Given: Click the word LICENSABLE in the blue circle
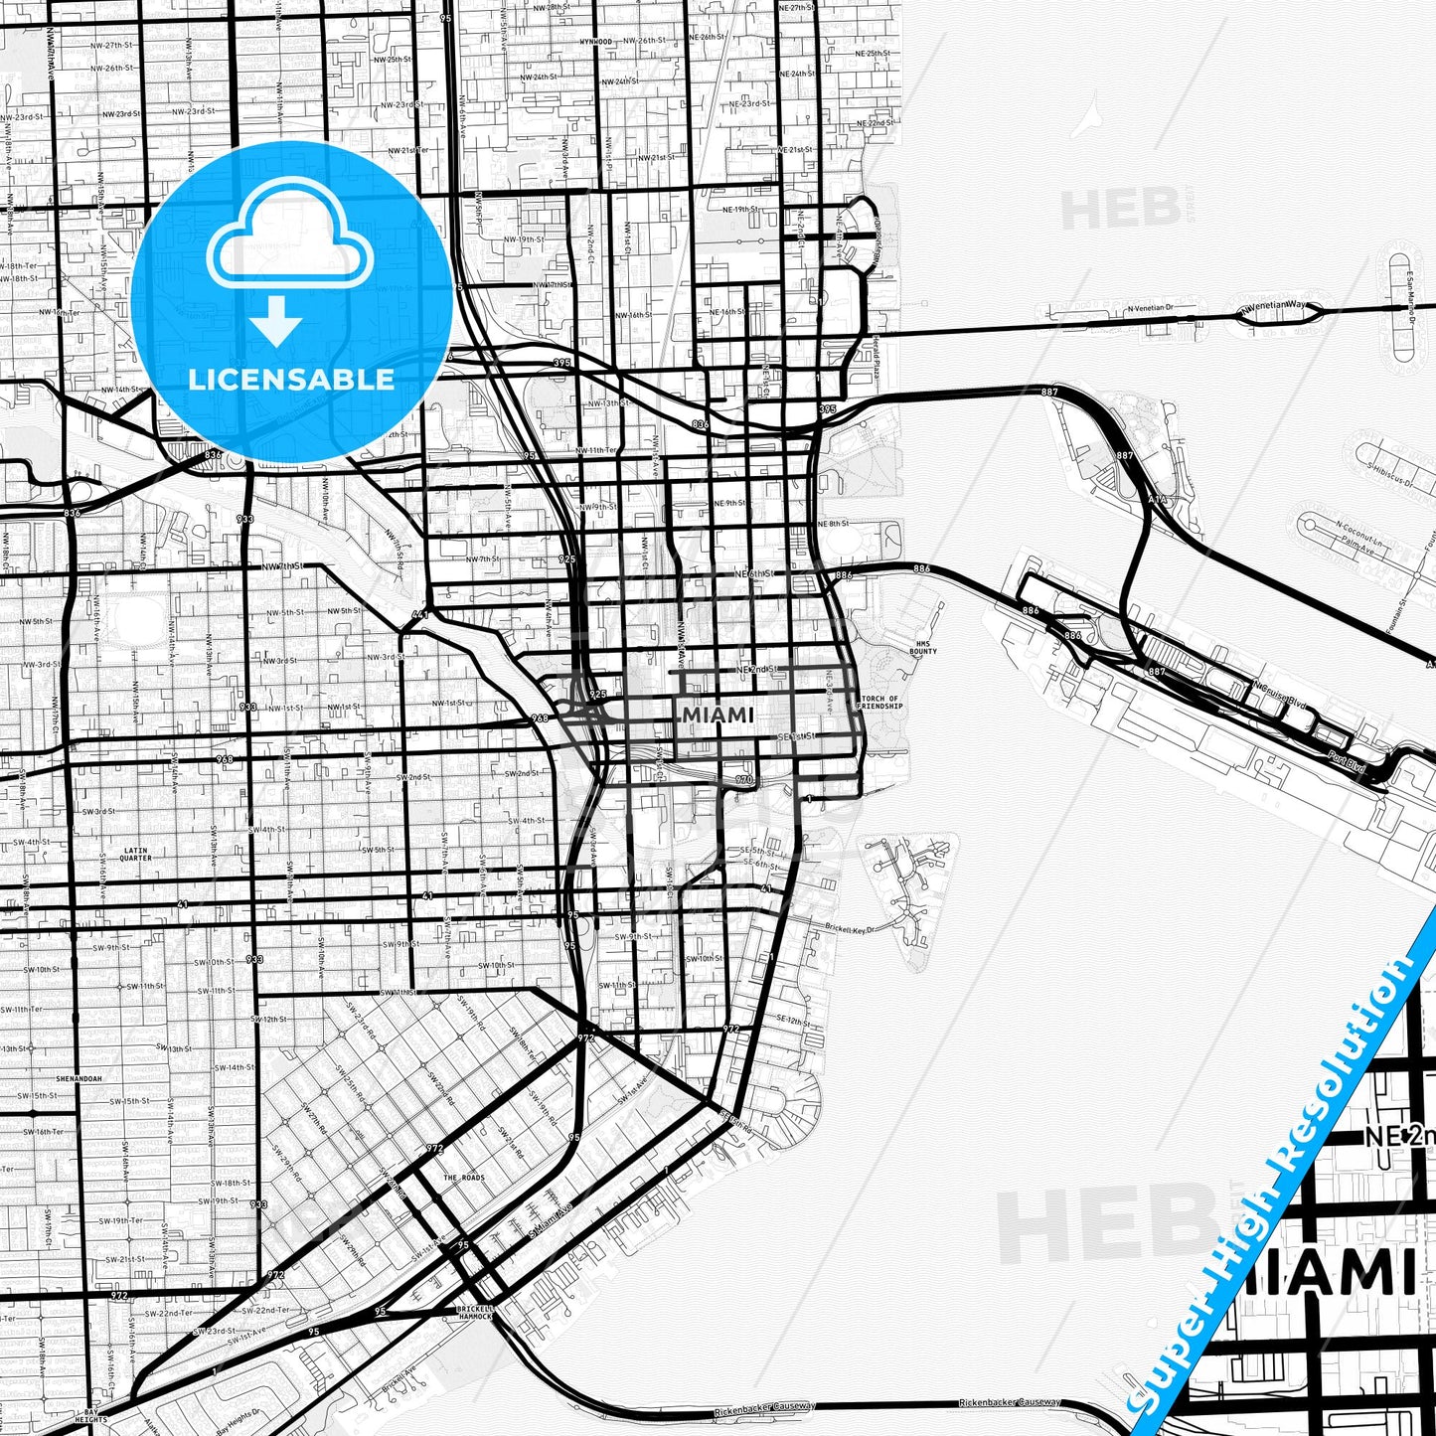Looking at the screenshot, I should coord(290,379).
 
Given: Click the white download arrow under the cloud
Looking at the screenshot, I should coord(276,321).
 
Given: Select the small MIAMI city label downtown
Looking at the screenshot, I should coord(718,715).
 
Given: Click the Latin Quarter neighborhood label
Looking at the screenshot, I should coord(135,854).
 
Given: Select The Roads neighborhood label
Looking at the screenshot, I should coord(463,1178).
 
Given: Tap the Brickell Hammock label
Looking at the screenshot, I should coord(475,1313).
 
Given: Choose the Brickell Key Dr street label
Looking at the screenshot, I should coord(850,928).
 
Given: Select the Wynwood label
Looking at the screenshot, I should coord(596,42).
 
